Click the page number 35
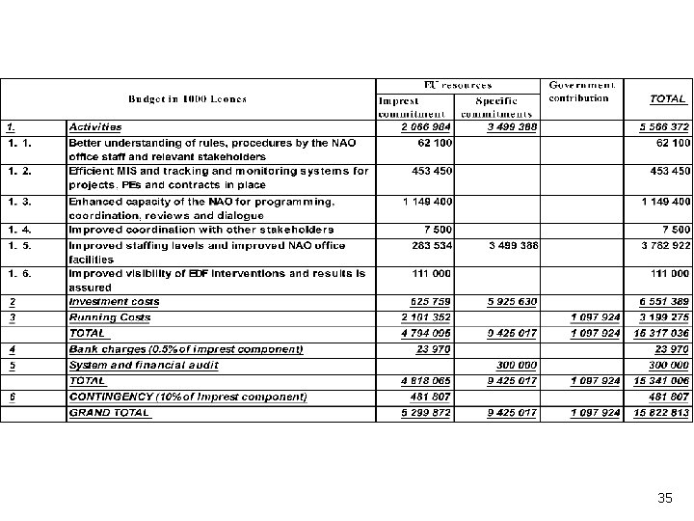click(664, 498)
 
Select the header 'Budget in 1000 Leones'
click(187, 98)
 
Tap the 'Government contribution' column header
click(581, 91)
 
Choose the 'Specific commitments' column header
click(496, 106)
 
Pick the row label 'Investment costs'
click(114, 302)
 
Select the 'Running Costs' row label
click(109, 316)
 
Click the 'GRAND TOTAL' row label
click(109, 412)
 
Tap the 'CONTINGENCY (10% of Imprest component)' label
click(187, 397)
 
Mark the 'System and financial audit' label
click(143, 365)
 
